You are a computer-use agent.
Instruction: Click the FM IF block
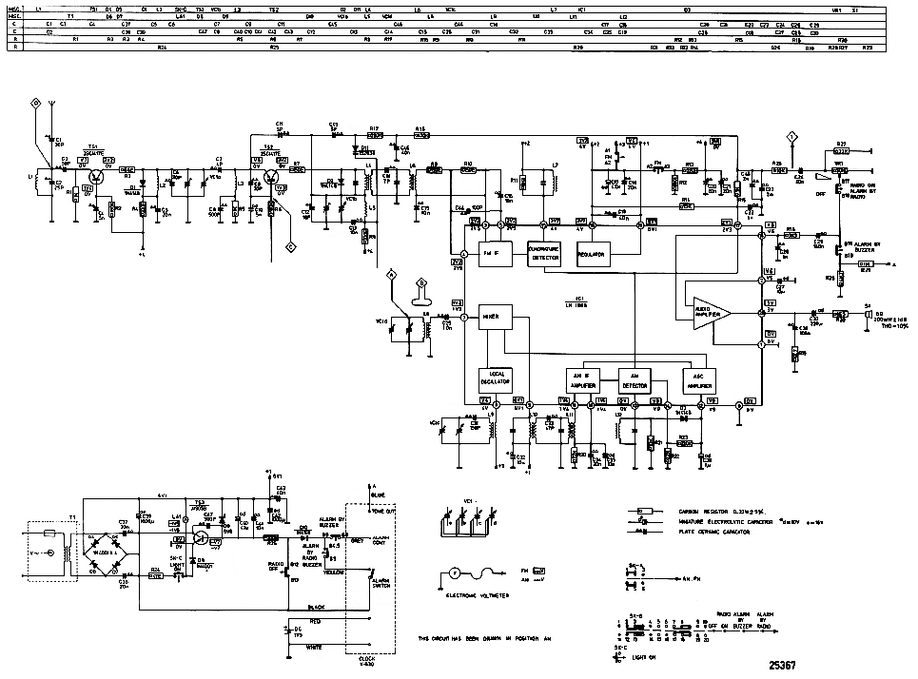coord(491,254)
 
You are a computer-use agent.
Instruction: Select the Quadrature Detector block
coord(545,252)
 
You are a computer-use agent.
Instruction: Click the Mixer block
coord(495,319)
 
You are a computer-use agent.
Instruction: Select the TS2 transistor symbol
coord(270,174)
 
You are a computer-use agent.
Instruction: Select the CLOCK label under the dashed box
coord(367,659)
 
